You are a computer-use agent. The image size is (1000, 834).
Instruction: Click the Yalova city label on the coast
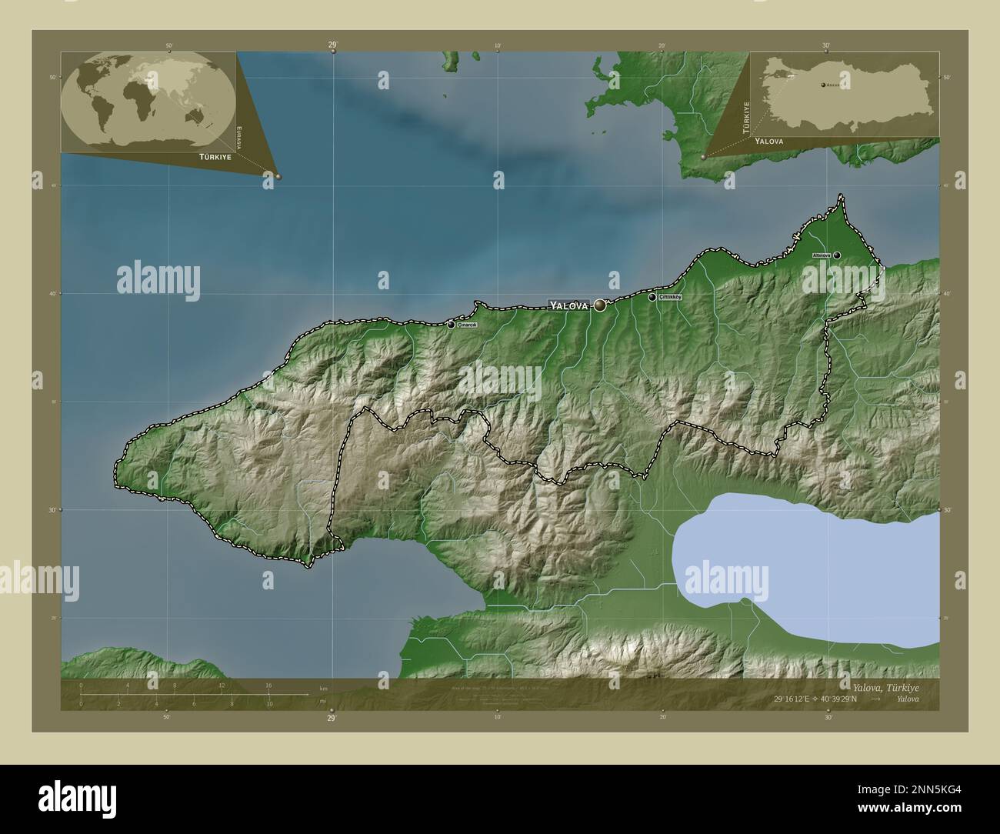tap(568, 305)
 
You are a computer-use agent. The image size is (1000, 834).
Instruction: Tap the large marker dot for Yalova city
tap(600, 305)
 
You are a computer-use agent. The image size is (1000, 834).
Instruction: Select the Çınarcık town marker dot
tap(451, 325)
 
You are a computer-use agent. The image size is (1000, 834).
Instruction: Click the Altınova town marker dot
tap(836, 255)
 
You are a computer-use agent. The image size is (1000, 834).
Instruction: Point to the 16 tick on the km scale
tap(268, 685)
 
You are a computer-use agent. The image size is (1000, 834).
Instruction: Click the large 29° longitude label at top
tap(332, 45)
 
